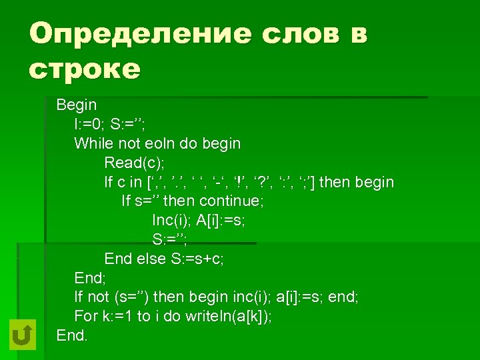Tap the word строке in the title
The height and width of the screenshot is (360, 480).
coord(85,69)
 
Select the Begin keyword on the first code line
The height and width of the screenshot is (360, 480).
coord(77,105)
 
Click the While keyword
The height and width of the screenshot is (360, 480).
coord(94,143)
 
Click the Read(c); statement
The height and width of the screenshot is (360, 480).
coord(134,163)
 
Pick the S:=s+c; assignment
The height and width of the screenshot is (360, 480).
coord(195,259)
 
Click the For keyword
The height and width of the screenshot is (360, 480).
coord(86,317)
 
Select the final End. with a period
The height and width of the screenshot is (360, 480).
coord(72,335)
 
